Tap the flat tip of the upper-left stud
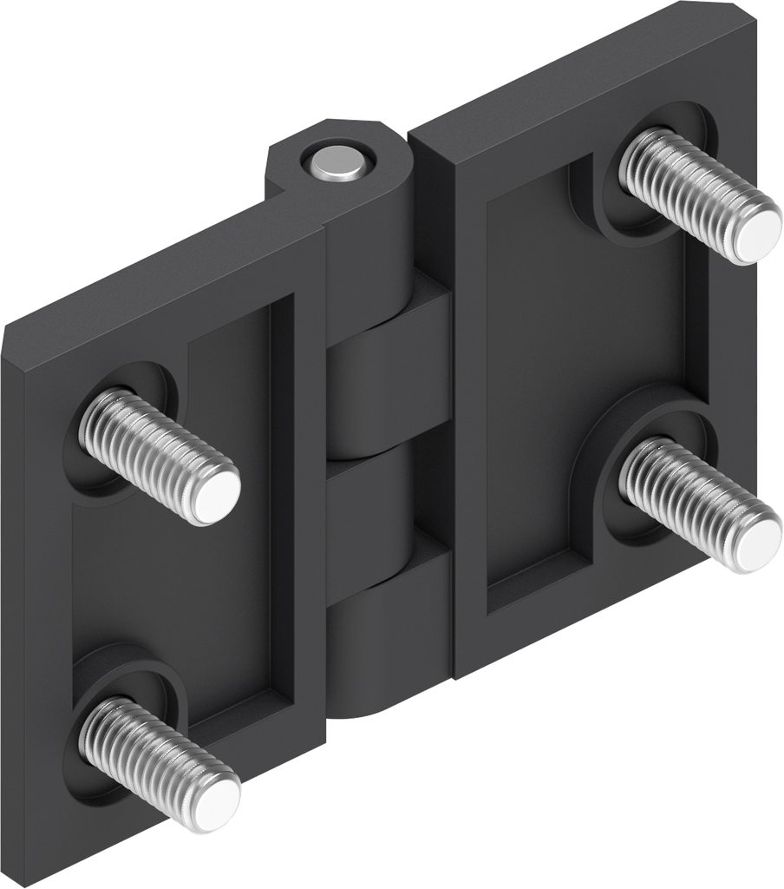pos(213,496)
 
